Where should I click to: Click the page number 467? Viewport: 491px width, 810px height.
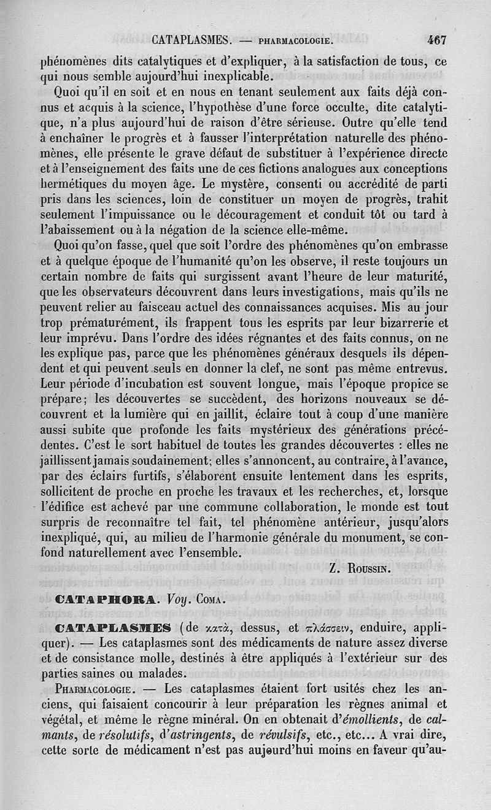[436, 40]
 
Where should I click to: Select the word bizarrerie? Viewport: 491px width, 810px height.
[409, 322]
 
